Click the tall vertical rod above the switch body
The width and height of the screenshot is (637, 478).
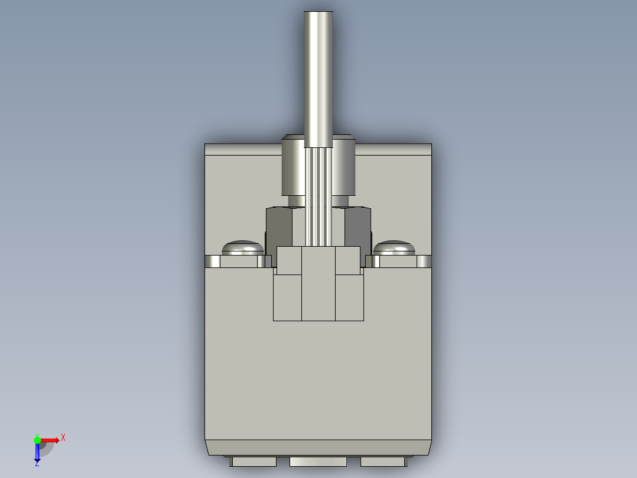coord(318,77)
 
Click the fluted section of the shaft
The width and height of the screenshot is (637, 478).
coord(318,195)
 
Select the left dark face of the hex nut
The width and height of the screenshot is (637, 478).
coord(279,228)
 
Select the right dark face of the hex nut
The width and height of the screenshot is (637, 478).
coord(357,228)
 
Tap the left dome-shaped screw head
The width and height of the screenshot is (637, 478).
coord(242,247)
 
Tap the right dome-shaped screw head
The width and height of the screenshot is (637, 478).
coord(394,247)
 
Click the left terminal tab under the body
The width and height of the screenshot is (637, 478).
coord(253,461)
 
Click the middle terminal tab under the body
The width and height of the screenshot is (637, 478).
coord(318,461)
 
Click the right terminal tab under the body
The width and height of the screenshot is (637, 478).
coord(382,461)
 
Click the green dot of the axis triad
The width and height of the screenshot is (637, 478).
coord(37,440)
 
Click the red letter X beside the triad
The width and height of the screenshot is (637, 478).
coord(63,438)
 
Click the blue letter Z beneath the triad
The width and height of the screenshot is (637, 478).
coord(37,464)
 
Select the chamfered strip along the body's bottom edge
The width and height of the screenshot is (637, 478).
coord(318,447)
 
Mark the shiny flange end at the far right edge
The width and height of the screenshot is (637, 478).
coord(424,261)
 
